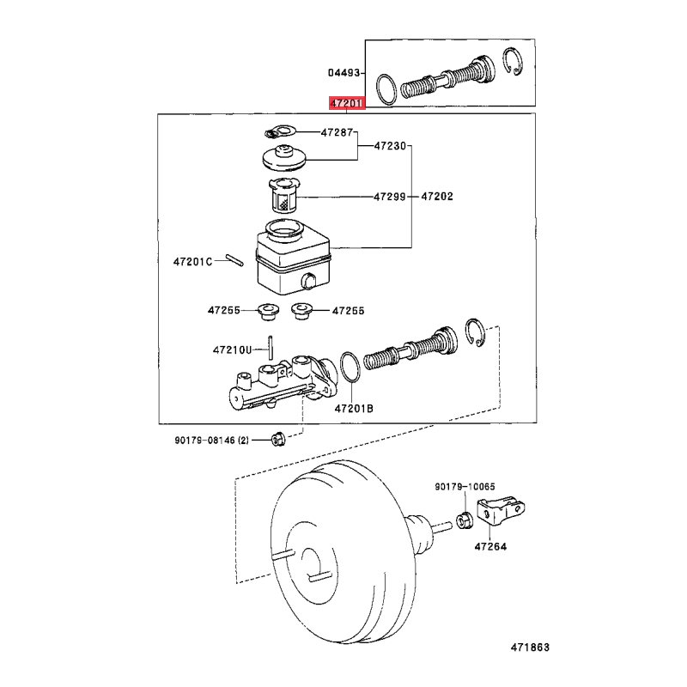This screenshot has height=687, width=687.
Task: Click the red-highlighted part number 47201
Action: tap(347, 103)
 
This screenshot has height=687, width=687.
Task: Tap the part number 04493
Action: tap(344, 73)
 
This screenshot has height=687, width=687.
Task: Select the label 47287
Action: tap(337, 132)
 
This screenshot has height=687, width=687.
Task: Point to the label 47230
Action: tap(390, 146)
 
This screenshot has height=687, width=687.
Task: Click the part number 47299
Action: tap(390, 197)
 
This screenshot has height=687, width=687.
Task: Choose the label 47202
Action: tap(437, 197)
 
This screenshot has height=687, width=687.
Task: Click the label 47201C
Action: tap(192, 262)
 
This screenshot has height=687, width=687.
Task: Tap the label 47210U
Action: tap(232, 350)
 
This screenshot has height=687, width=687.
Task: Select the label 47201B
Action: tap(354, 409)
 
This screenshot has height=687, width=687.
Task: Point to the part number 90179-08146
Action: tap(205, 441)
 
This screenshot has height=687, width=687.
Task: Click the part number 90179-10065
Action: tap(465, 487)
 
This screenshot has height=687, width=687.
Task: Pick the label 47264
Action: tap(490, 547)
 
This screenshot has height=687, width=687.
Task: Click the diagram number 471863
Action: tap(530, 647)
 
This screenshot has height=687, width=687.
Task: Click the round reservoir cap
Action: tap(284, 158)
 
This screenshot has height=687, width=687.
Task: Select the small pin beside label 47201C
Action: tap(234, 260)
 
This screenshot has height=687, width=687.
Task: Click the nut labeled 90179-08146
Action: tap(278, 439)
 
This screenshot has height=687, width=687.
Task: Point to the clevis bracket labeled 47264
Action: tap(502, 510)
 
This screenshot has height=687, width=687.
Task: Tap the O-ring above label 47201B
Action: tap(350, 367)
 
